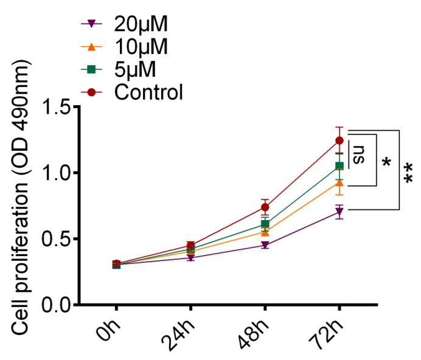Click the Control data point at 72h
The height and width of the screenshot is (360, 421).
click(x=339, y=141)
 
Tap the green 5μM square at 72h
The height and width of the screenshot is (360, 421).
click(x=339, y=165)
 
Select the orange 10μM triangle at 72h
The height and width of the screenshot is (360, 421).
click(x=339, y=182)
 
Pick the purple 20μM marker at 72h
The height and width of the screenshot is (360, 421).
click(x=339, y=212)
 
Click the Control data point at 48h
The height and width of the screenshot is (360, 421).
click(x=265, y=207)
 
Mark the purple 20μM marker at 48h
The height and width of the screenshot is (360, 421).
click(x=265, y=245)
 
